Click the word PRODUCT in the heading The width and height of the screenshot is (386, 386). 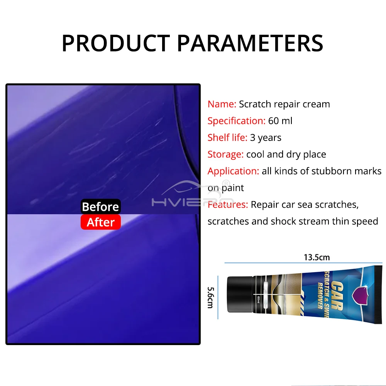click(116, 43)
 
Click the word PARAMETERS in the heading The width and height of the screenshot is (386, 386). click(250, 43)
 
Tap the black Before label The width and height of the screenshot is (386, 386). click(100, 207)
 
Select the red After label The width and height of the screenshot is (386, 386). click(100, 222)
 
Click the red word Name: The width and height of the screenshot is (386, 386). click(222, 104)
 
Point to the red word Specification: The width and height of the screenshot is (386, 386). click(236, 121)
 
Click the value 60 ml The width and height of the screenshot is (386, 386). click(280, 121)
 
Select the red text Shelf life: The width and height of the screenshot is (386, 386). click(227, 137)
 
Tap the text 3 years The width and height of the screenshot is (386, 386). click(266, 138)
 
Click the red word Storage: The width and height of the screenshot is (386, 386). click(225, 154)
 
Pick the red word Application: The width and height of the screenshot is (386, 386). click(233, 171)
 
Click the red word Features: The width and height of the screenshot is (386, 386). click(228, 205)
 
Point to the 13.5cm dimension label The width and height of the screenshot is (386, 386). click(317, 257)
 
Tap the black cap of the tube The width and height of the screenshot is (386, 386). click(240, 295)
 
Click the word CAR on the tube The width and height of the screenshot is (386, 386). click(336, 295)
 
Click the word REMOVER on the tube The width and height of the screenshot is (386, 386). click(320, 295)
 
